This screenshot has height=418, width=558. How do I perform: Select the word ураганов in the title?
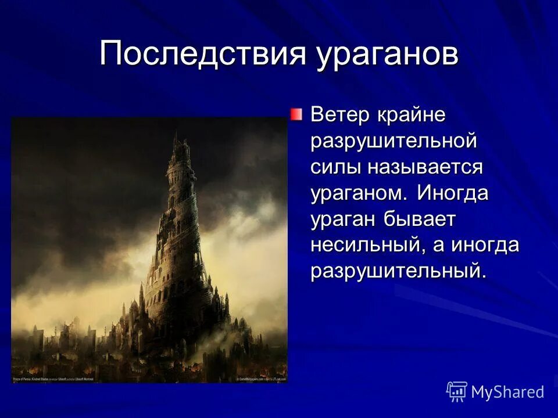pos(388,56)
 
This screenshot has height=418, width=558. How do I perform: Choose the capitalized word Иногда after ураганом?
pos(452,193)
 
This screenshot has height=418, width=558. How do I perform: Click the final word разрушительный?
pos(398,272)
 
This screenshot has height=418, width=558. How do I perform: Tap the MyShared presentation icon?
pos(457,392)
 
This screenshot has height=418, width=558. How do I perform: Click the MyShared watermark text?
pos(507,392)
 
